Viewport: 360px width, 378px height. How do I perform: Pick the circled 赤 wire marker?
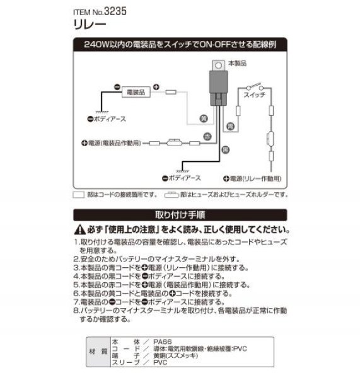[x=206, y=137]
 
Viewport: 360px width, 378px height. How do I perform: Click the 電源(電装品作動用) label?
[x=114, y=143]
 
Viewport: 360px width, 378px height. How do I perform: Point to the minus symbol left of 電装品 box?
[x=117, y=88]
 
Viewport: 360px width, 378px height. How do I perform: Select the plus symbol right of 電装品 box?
[x=156, y=88]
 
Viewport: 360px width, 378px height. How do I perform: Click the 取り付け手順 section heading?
[x=180, y=214]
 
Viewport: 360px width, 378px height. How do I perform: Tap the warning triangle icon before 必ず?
[x=78, y=230]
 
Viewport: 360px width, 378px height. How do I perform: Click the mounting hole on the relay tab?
[x=218, y=64]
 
